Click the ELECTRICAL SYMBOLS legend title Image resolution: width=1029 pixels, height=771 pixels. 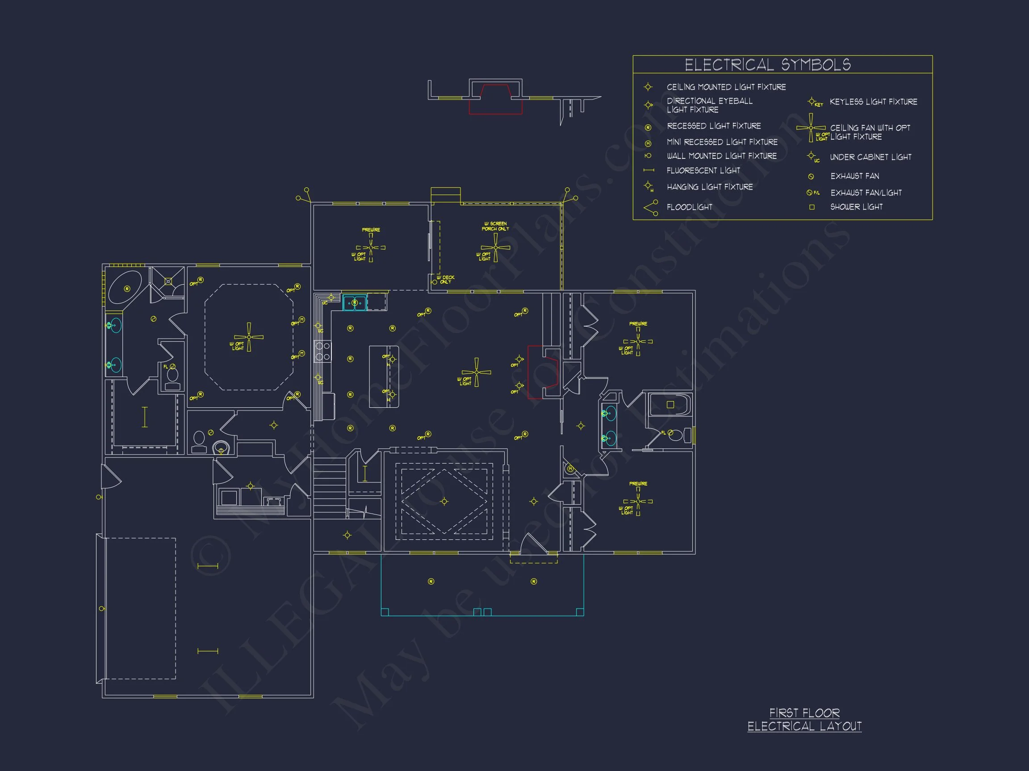click(768, 65)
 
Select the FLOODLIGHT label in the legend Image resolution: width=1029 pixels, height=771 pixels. click(690, 207)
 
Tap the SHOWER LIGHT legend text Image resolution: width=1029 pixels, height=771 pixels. click(857, 207)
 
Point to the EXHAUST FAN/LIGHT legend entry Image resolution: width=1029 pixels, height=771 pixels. click(866, 192)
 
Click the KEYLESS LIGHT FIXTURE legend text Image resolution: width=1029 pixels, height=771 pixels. click(873, 102)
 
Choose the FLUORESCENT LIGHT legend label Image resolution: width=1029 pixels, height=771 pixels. click(703, 170)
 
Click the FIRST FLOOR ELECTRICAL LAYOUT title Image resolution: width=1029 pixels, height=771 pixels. click(804, 719)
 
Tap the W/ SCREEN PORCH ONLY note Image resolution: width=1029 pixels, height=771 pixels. click(495, 226)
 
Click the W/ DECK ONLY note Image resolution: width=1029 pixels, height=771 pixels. click(445, 280)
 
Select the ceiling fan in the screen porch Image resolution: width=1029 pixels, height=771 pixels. click(495, 247)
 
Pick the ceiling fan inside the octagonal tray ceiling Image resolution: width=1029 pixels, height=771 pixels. click(249, 337)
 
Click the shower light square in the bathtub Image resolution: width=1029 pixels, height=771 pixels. click(670, 405)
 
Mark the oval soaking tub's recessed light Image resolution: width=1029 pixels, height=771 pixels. click(127, 289)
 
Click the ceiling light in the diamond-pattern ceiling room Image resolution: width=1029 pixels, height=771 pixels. click(444, 502)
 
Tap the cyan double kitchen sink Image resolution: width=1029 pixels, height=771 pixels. click(355, 303)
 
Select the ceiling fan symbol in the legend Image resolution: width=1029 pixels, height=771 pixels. click(811, 128)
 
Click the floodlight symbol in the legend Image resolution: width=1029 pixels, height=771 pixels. click(651, 207)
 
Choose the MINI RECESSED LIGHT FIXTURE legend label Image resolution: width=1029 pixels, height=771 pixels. click(722, 142)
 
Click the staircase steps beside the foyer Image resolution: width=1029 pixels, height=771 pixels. click(329, 488)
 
